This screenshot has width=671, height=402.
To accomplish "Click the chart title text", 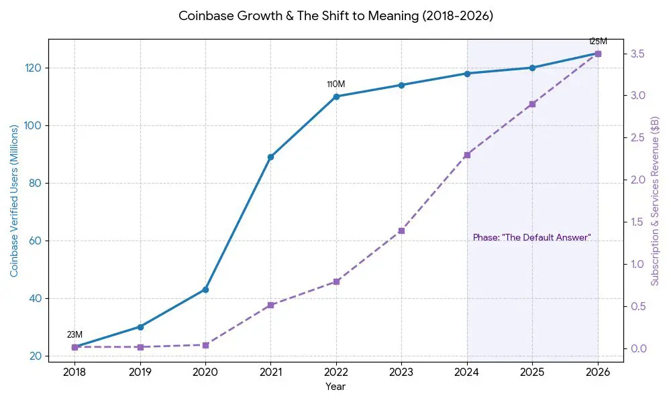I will tap(335, 16).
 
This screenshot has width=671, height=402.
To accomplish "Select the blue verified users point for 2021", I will tap(270, 157).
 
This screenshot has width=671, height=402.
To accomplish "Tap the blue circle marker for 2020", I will tap(205, 289).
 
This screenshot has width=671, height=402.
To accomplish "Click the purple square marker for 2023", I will tap(401, 230).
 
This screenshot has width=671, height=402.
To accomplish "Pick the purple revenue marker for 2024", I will tap(467, 155).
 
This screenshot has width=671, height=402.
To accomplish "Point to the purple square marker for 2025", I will tap(532, 104).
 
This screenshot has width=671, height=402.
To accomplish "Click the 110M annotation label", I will tap(335, 84).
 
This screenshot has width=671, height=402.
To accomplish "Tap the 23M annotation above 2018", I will tap(74, 335).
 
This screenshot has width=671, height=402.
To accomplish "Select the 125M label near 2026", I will tap(598, 42).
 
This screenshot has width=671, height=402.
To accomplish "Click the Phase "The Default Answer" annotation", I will tap(531, 238).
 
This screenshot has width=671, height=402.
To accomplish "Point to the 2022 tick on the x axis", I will tap(335, 372).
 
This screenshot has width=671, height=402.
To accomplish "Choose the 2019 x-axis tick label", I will tap(140, 372).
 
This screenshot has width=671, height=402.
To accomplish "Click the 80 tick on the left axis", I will tap(34, 183).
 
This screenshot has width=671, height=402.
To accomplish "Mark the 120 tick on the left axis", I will tap(32, 68).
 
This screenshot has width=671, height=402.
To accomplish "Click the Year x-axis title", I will tap(335, 387).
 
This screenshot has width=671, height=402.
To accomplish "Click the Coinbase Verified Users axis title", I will tap(14, 201).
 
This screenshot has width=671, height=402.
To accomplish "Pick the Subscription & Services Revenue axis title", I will tap(655, 201).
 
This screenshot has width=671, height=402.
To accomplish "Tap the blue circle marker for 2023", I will tap(401, 85).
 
